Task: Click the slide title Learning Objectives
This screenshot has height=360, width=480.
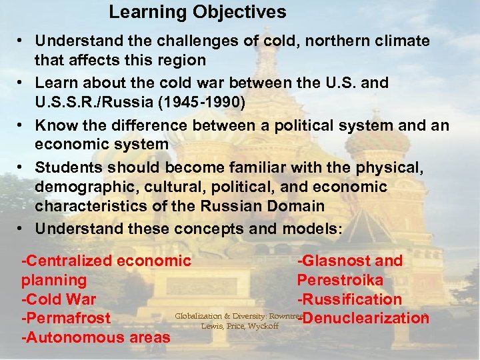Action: click(x=197, y=12)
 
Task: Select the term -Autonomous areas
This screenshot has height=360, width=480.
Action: click(x=96, y=338)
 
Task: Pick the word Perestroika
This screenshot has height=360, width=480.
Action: click(x=340, y=280)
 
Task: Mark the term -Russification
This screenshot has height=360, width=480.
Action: click(x=349, y=299)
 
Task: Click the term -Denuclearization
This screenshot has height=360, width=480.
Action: click(x=363, y=319)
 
